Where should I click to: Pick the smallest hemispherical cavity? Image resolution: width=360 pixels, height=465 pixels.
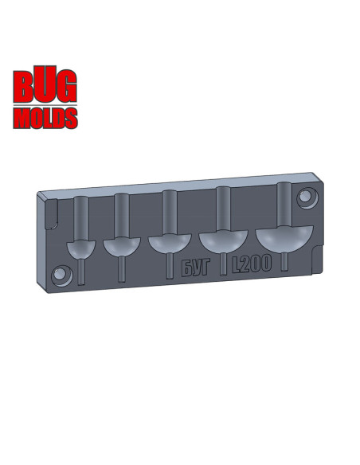pos(81,249)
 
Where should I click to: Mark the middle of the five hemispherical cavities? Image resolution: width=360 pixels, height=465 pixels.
pos(169,244)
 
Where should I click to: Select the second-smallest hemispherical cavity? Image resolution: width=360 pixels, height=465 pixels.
pos(122,247)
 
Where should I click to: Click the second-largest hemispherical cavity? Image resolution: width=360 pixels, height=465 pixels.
pos(221,240)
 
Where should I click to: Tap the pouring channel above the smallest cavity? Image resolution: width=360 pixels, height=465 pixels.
pos(81,218)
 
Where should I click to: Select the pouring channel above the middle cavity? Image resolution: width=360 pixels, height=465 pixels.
pos(169,213)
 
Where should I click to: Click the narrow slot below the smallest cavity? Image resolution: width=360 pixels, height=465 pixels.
pos(82,271)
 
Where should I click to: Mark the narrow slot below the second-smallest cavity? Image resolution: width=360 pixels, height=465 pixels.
pos(122,268)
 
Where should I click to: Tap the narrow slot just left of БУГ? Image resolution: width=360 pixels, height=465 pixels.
pos(169,267)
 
